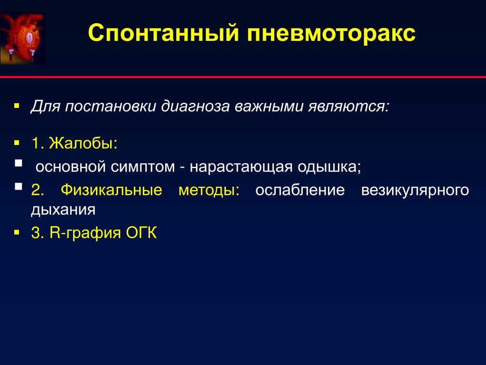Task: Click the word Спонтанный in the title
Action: (x=164, y=33)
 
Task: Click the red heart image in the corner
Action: (x=22, y=38)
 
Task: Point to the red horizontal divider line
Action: (x=243, y=77)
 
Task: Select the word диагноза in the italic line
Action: (x=195, y=106)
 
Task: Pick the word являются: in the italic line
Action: (x=348, y=106)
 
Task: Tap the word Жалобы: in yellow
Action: (x=83, y=143)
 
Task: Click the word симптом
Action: (x=143, y=167)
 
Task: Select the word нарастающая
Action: (x=241, y=167)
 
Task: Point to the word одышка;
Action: (x=329, y=167)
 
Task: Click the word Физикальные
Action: (x=111, y=190)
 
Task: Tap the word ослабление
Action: (x=300, y=190)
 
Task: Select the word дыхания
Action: (x=63, y=210)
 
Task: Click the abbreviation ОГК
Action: (x=141, y=232)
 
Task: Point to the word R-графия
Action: (x=85, y=233)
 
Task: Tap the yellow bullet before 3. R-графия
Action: (x=17, y=232)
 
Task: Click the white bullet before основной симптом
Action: (x=19, y=163)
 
